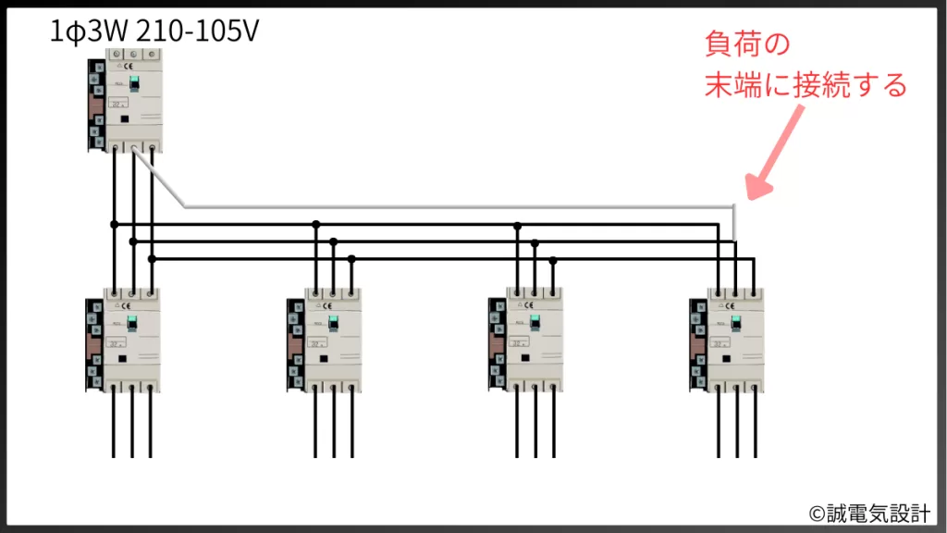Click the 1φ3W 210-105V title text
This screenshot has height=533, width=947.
[x=155, y=32]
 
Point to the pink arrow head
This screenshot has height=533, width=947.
[x=756, y=188]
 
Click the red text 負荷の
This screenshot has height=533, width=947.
[x=748, y=44]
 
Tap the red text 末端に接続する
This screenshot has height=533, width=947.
[x=806, y=86]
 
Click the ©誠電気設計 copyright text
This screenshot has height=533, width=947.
[x=869, y=513]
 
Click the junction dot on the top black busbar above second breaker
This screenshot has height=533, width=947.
[x=316, y=224]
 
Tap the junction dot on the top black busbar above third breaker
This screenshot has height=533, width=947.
[x=517, y=224]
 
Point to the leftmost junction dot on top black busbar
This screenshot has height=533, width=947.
[x=114, y=224]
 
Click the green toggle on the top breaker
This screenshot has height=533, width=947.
[x=133, y=83]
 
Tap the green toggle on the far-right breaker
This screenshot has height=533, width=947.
[x=737, y=323]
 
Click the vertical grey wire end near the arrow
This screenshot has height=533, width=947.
[x=734, y=222]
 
